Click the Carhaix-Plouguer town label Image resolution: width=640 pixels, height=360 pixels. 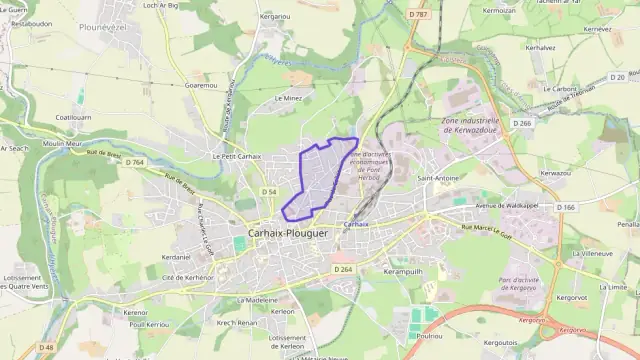click(x=284, y=233)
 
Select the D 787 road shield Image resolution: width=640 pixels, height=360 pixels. click(x=418, y=14)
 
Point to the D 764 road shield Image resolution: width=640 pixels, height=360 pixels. click(x=136, y=162)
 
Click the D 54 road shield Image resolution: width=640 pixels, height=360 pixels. click(x=269, y=190)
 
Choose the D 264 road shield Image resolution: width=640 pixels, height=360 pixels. click(x=342, y=268)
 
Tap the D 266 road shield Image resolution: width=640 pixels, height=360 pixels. click(x=523, y=123)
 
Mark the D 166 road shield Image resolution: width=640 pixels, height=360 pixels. click(x=566, y=207)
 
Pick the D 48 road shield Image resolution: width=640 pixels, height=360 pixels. click(x=46, y=348)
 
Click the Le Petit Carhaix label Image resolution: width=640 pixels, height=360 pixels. click(x=236, y=156)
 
